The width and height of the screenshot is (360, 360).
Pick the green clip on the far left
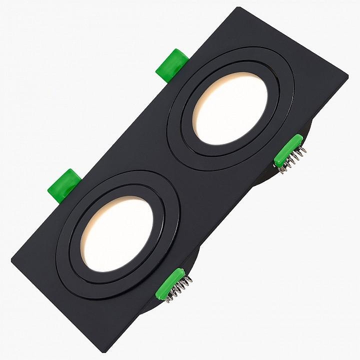(63, 184)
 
